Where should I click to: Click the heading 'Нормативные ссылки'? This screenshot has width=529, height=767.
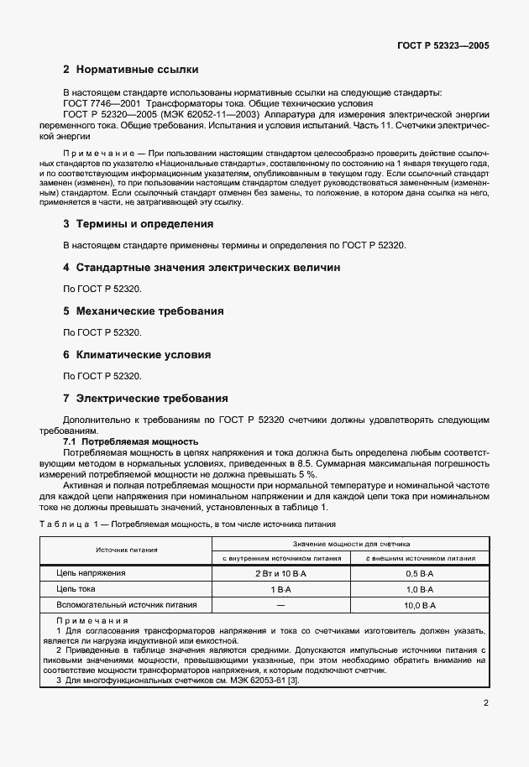click(x=136, y=70)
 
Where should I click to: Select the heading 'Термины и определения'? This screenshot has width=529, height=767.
click(x=144, y=224)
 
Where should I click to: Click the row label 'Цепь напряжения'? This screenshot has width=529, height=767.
click(x=91, y=573)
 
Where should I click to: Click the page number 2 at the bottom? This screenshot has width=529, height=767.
click(x=486, y=706)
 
